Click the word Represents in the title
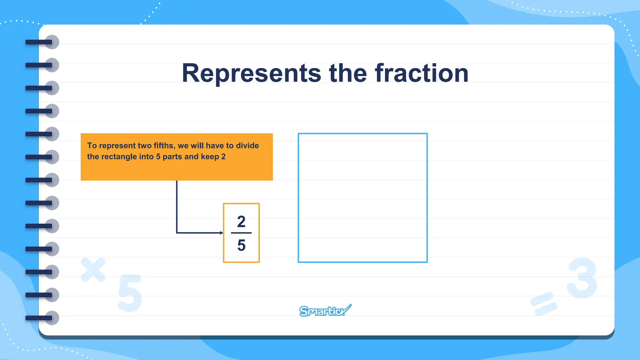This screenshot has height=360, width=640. [251, 74]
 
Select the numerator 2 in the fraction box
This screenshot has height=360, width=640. [241, 222]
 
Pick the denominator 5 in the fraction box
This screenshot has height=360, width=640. [241, 245]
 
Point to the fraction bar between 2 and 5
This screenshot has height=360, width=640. [241, 233]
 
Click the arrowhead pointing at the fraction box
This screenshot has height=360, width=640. [221, 233]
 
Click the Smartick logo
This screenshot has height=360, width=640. [325, 311]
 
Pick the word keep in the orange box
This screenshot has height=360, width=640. [210, 157]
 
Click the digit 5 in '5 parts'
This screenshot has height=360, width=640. [158, 157]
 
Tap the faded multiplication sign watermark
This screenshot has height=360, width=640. [93, 269]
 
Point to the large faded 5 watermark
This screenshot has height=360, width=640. [130, 293]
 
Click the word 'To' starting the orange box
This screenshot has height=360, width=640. [92, 146]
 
